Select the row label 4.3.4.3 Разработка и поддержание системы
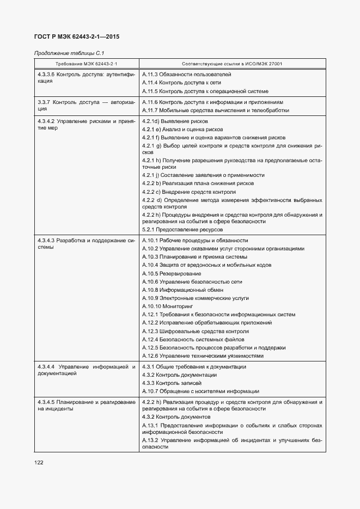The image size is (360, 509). [86, 244]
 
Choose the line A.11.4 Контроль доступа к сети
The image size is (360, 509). [181, 82]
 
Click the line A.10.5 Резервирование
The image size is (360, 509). [171, 273]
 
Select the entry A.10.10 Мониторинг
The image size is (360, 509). [172, 306]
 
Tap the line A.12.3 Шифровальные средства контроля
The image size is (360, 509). [196, 331]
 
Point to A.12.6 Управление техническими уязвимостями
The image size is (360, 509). [203, 356]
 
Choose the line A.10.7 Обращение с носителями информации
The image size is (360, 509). [200, 391]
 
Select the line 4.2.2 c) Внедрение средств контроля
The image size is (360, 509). [188, 192]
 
